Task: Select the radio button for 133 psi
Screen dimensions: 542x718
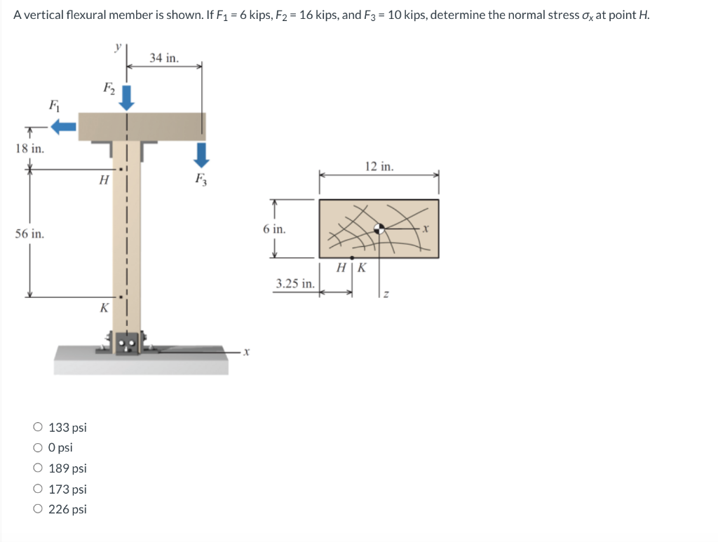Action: pos(37,427)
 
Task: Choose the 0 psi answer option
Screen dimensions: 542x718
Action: pos(37,447)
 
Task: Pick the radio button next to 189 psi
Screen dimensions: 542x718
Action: pos(37,468)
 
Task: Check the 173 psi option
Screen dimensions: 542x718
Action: pos(37,489)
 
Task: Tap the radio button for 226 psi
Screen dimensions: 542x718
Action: pos(37,509)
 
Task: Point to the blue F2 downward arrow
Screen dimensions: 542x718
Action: pos(126,97)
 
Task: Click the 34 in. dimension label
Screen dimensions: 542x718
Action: pos(164,57)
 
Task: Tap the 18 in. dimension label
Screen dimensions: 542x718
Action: pos(29,149)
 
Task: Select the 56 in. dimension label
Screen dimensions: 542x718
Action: pos(29,233)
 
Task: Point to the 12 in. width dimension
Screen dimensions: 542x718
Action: pos(379,167)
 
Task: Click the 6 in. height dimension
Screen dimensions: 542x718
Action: pos(274,229)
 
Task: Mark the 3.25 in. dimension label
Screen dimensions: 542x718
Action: pos(294,283)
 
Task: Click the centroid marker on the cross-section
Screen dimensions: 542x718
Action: pos(379,229)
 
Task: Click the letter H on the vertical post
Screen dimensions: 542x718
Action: pos(104,179)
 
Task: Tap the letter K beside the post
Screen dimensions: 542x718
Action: pos(104,307)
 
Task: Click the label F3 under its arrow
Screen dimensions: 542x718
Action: pos(202,177)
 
